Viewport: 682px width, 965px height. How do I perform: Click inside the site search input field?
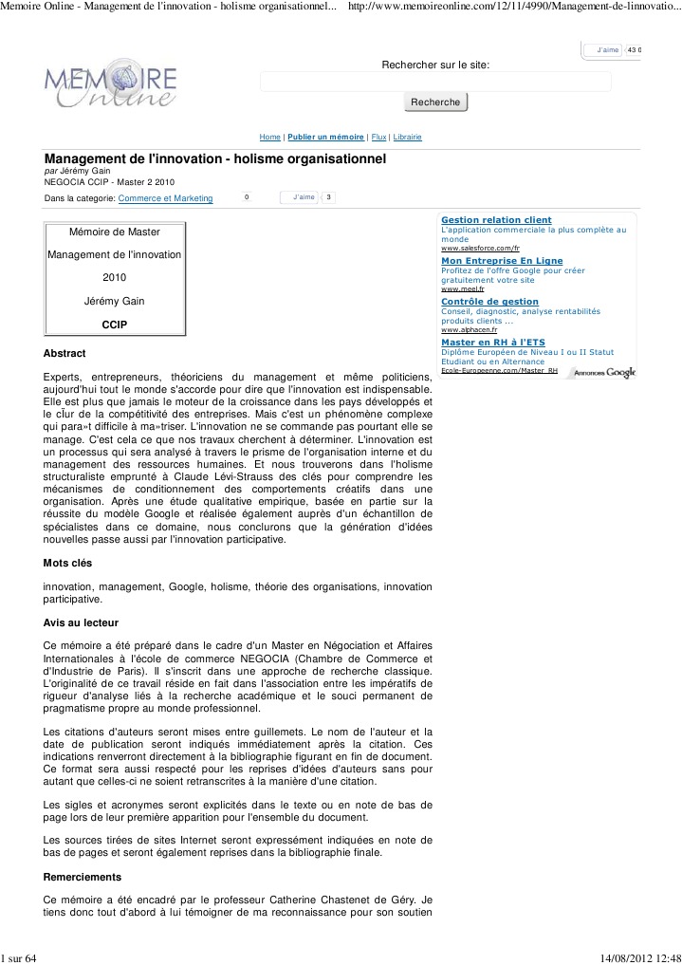point(435,82)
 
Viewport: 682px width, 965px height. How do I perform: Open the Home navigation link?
point(269,138)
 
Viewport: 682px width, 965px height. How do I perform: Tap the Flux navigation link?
point(378,138)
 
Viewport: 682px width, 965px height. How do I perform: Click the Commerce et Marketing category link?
point(165,198)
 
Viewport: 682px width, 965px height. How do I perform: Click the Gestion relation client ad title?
point(496,220)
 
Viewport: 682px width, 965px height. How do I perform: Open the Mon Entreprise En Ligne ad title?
point(502,260)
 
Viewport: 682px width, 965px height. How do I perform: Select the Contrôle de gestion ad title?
point(489,301)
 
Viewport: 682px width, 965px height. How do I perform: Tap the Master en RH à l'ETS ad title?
point(491,342)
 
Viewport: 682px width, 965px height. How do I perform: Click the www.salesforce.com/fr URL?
point(480,249)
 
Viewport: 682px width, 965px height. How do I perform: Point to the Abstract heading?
point(65,354)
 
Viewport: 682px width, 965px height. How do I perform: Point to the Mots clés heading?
point(67,563)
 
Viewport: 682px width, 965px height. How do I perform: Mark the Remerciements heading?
point(83,877)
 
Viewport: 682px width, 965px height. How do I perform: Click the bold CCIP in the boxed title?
point(114,325)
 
